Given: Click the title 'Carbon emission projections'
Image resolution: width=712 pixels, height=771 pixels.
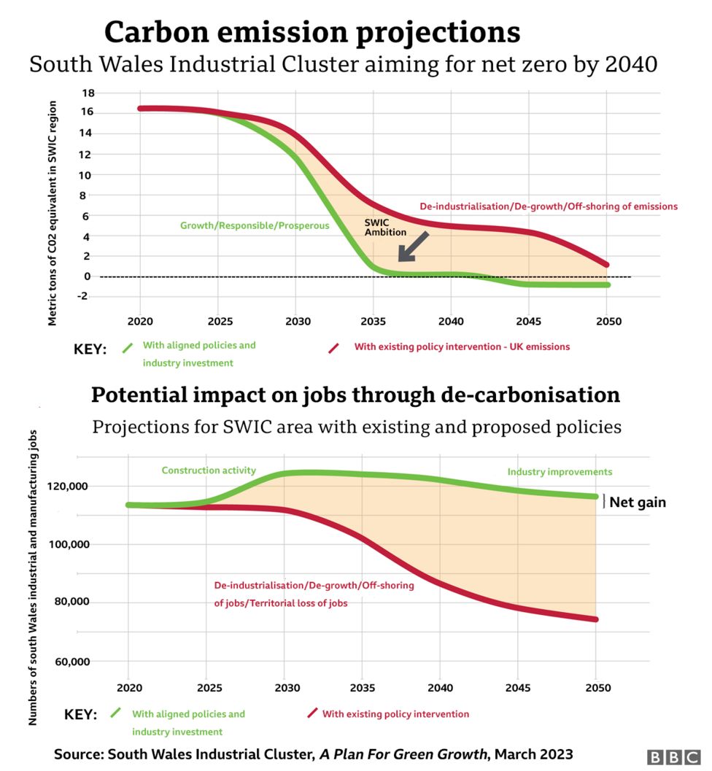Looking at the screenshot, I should pos(312,32).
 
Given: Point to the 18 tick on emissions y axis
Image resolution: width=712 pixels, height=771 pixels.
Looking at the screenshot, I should pos(88,93).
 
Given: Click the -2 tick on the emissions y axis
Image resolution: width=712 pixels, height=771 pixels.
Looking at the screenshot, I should pos(87,296).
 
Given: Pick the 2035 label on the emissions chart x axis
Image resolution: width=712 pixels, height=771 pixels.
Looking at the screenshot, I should pos(372,321).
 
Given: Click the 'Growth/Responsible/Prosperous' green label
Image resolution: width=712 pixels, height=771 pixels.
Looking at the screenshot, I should pos(255,226).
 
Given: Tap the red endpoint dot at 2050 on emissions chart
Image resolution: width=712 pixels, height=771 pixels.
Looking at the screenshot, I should pos(606,265).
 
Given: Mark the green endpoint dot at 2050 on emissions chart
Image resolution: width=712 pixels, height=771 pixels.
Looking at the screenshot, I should pos(607,284).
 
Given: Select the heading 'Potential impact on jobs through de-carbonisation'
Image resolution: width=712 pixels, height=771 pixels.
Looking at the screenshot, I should pos(355,395).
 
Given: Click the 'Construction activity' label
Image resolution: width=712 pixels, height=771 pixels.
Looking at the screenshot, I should pos(209,470).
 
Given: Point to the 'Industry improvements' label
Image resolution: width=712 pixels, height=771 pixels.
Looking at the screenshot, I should pos(560,472).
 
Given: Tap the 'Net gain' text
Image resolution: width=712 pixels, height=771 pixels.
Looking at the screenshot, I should pos(638,503).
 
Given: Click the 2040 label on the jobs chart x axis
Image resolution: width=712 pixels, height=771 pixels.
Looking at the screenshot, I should pos(441,688).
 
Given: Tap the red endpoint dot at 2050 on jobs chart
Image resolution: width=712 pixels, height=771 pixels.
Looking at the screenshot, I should pos(595,619).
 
